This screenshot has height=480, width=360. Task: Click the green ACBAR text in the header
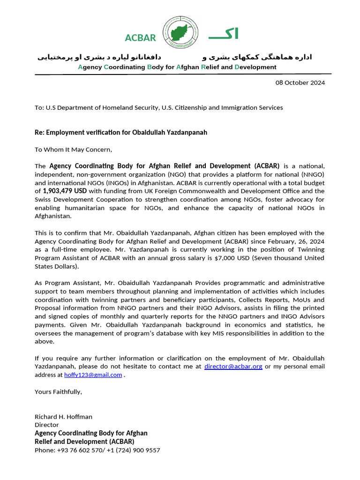click(140, 38)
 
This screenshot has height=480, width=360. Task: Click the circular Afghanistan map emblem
click(180, 33)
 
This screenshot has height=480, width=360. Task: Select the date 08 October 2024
click(300, 83)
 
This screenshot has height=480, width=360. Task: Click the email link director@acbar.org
click(233, 367)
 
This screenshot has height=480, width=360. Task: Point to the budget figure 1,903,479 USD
click(65, 191)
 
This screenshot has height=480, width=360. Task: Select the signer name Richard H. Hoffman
click(63, 417)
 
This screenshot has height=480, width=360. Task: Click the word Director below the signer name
click(47, 425)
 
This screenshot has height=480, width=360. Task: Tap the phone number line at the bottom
click(97, 450)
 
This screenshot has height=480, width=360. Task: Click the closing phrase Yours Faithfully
click(58, 392)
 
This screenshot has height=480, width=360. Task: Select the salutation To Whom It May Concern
click(74, 150)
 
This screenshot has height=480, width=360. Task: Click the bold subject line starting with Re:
click(120, 133)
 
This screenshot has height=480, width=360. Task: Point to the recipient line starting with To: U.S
click(158, 108)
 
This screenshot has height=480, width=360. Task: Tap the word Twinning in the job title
click(310, 250)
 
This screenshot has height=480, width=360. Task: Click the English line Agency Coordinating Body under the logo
click(177, 67)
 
